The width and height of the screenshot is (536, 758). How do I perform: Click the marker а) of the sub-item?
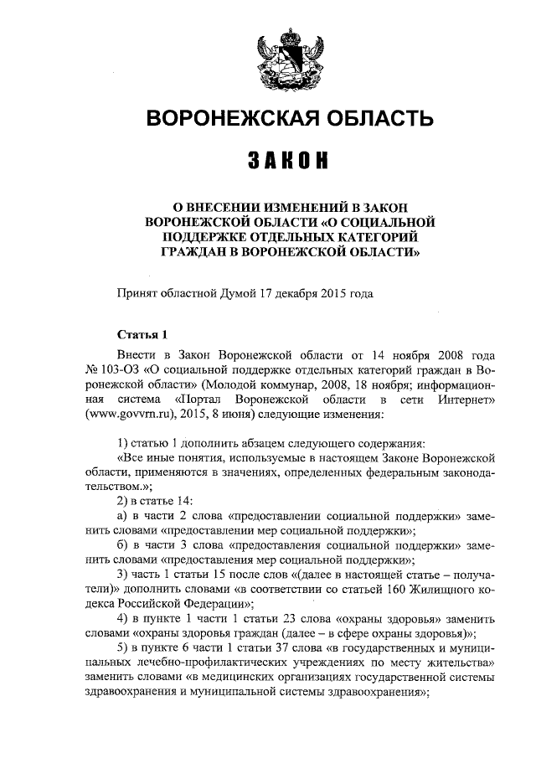pos(122,516)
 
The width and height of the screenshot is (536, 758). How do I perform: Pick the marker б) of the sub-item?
pos(122,546)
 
